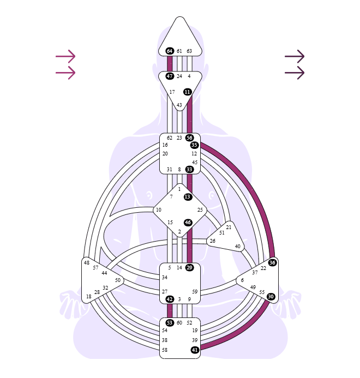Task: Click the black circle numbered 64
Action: (x=170, y=51)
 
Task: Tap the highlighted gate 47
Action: (x=170, y=76)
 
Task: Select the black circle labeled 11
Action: (x=187, y=92)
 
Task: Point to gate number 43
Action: (x=179, y=105)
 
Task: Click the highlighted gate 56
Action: (x=189, y=138)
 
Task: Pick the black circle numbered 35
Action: (x=194, y=145)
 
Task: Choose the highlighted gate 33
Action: (x=189, y=170)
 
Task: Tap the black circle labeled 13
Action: (x=187, y=197)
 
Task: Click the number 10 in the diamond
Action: (x=158, y=210)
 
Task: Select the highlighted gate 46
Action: (x=188, y=223)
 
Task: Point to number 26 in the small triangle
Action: (x=212, y=241)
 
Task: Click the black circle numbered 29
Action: (x=189, y=268)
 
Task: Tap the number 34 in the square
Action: (x=165, y=278)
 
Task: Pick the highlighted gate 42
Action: (x=170, y=299)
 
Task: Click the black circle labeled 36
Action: (x=272, y=263)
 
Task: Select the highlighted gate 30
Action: (x=271, y=297)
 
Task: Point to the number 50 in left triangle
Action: (x=118, y=280)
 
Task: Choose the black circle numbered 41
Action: (x=195, y=350)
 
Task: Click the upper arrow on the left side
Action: (x=65, y=56)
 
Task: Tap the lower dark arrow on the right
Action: (x=295, y=73)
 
